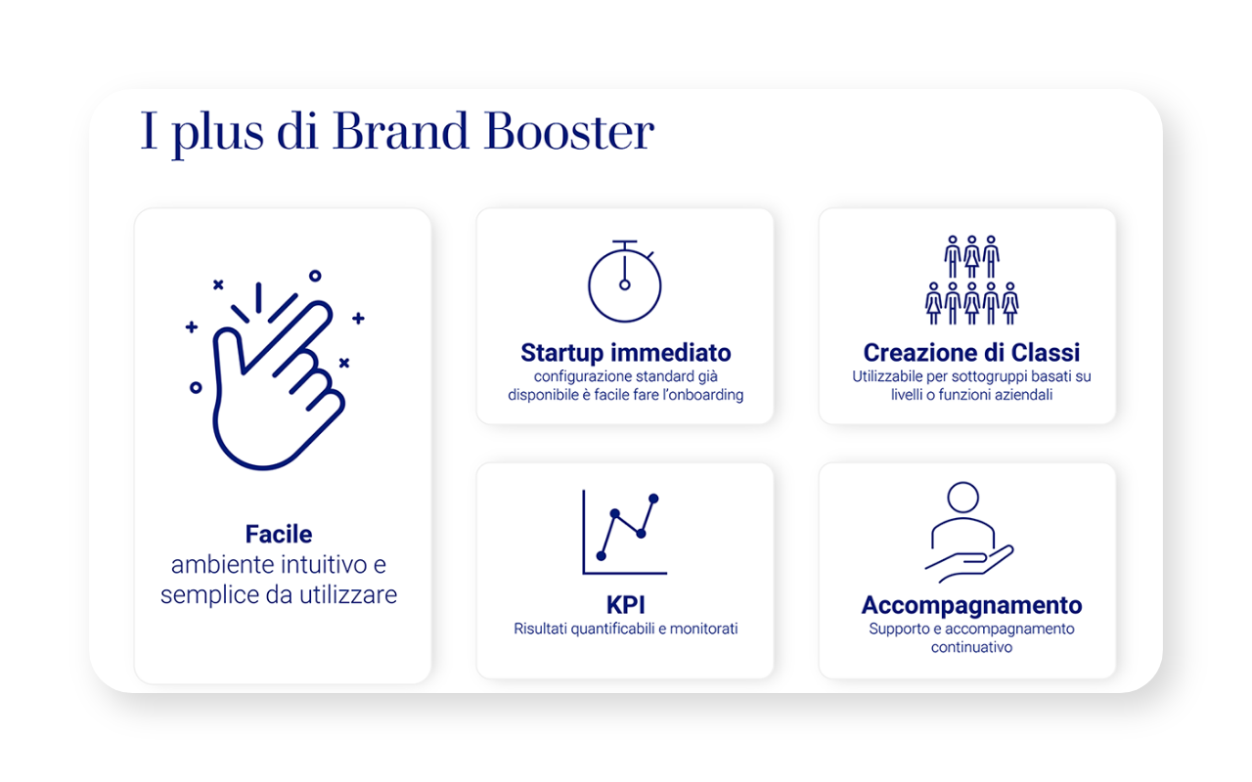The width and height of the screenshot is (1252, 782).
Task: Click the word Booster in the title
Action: tap(568, 132)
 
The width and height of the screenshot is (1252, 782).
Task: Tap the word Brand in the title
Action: tap(400, 131)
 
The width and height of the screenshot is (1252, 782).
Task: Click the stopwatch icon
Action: tap(625, 282)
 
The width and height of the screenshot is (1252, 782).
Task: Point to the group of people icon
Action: tap(971, 280)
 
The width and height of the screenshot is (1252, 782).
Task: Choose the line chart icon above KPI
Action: tap(624, 533)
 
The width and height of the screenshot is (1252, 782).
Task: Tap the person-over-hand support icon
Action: tap(969, 532)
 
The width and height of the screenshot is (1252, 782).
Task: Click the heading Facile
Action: tap(279, 534)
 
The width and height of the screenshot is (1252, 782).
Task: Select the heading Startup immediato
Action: tap(625, 353)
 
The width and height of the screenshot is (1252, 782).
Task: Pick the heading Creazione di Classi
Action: tap(971, 353)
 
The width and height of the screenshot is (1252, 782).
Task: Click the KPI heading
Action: tap(625, 605)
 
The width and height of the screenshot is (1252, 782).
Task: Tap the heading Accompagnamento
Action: tap(971, 605)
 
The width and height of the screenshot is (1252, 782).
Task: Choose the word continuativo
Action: tap(971, 647)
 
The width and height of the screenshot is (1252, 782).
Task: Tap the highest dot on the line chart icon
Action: tap(653, 499)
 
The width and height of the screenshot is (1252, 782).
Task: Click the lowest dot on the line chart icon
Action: tap(602, 556)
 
